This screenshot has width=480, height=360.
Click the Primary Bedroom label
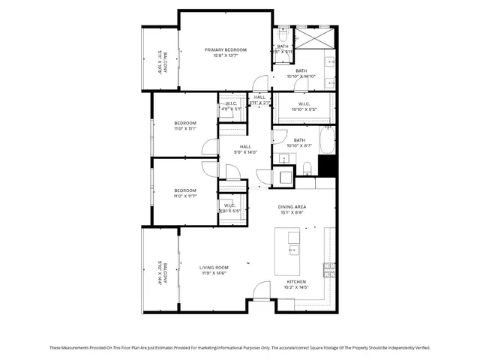pyautogui.click(x=226, y=49)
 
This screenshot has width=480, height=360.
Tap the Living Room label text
pyautogui.click(x=214, y=268)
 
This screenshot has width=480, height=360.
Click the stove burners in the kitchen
pyautogui.click(x=328, y=268)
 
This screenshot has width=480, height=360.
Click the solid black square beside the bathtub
pyautogui.click(x=326, y=166)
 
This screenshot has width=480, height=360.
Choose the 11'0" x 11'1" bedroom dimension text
pyautogui.click(x=185, y=129)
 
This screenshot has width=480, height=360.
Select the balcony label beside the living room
pyautogui.click(x=160, y=269)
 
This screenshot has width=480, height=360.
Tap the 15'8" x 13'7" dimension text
pyautogui.click(x=226, y=55)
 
